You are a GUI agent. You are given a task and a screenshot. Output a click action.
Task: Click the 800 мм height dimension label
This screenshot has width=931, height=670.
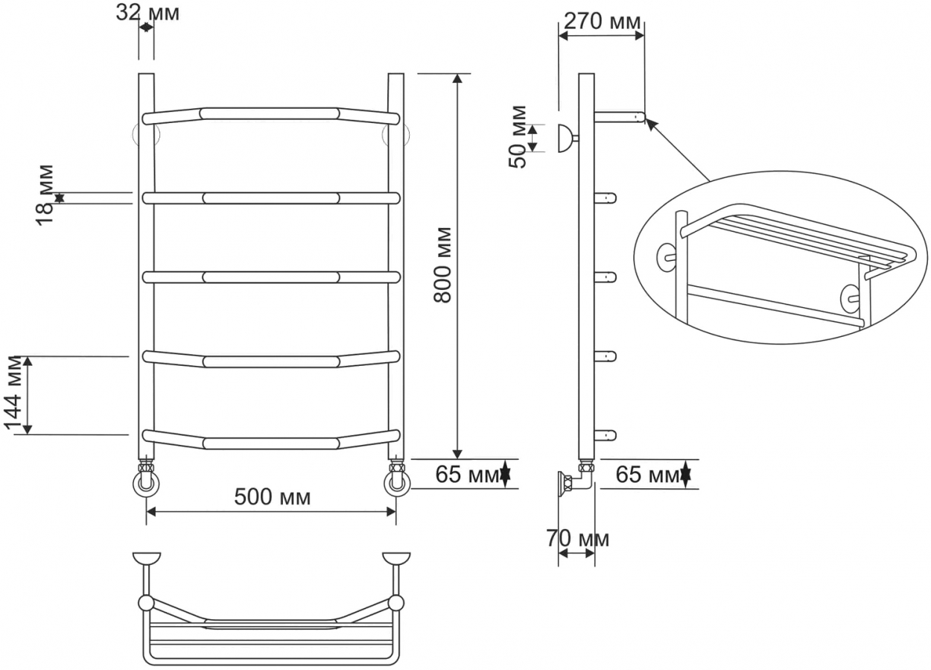(x=442, y=265)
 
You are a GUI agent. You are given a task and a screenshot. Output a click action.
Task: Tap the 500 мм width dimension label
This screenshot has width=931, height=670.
(x=273, y=496)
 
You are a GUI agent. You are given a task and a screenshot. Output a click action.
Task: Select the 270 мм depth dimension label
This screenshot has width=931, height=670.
(x=602, y=21)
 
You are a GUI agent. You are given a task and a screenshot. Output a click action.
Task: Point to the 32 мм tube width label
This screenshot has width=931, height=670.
(x=147, y=13)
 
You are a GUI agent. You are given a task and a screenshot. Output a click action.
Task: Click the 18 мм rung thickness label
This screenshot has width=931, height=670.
(x=45, y=195)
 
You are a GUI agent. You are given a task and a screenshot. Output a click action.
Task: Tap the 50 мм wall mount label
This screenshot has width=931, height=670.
(x=518, y=137)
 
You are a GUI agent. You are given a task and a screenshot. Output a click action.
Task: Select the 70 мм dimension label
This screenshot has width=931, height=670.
(x=578, y=539)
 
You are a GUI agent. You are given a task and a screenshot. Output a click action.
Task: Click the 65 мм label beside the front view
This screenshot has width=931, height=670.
(x=467, y=474)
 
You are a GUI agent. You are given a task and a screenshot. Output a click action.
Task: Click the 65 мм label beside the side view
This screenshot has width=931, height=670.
(x=647, y=474)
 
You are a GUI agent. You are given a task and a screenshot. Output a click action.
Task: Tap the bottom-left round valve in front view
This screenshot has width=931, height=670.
(x=146, y=484)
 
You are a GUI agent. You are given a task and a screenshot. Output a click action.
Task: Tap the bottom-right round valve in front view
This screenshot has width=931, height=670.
(x=396, y=484)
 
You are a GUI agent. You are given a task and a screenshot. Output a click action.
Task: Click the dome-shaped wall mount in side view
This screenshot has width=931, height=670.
(x=565, y=138)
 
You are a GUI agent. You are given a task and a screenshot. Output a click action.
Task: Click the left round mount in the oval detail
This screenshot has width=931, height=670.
(x=667, y=257)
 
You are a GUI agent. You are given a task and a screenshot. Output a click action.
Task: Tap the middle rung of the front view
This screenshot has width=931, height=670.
(x=271, y=277)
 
